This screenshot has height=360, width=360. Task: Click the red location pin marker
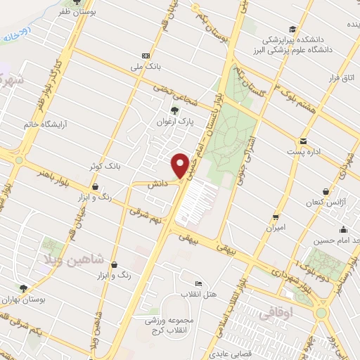pos(180,166)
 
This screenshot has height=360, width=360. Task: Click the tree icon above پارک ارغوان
pos(175,110)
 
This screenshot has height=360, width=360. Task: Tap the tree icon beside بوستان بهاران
pos(23,288)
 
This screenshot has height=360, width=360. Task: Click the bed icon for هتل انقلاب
pos(198,283)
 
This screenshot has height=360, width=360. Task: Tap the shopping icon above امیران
pos(276,217)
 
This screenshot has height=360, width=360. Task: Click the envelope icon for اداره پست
pos(303,141)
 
